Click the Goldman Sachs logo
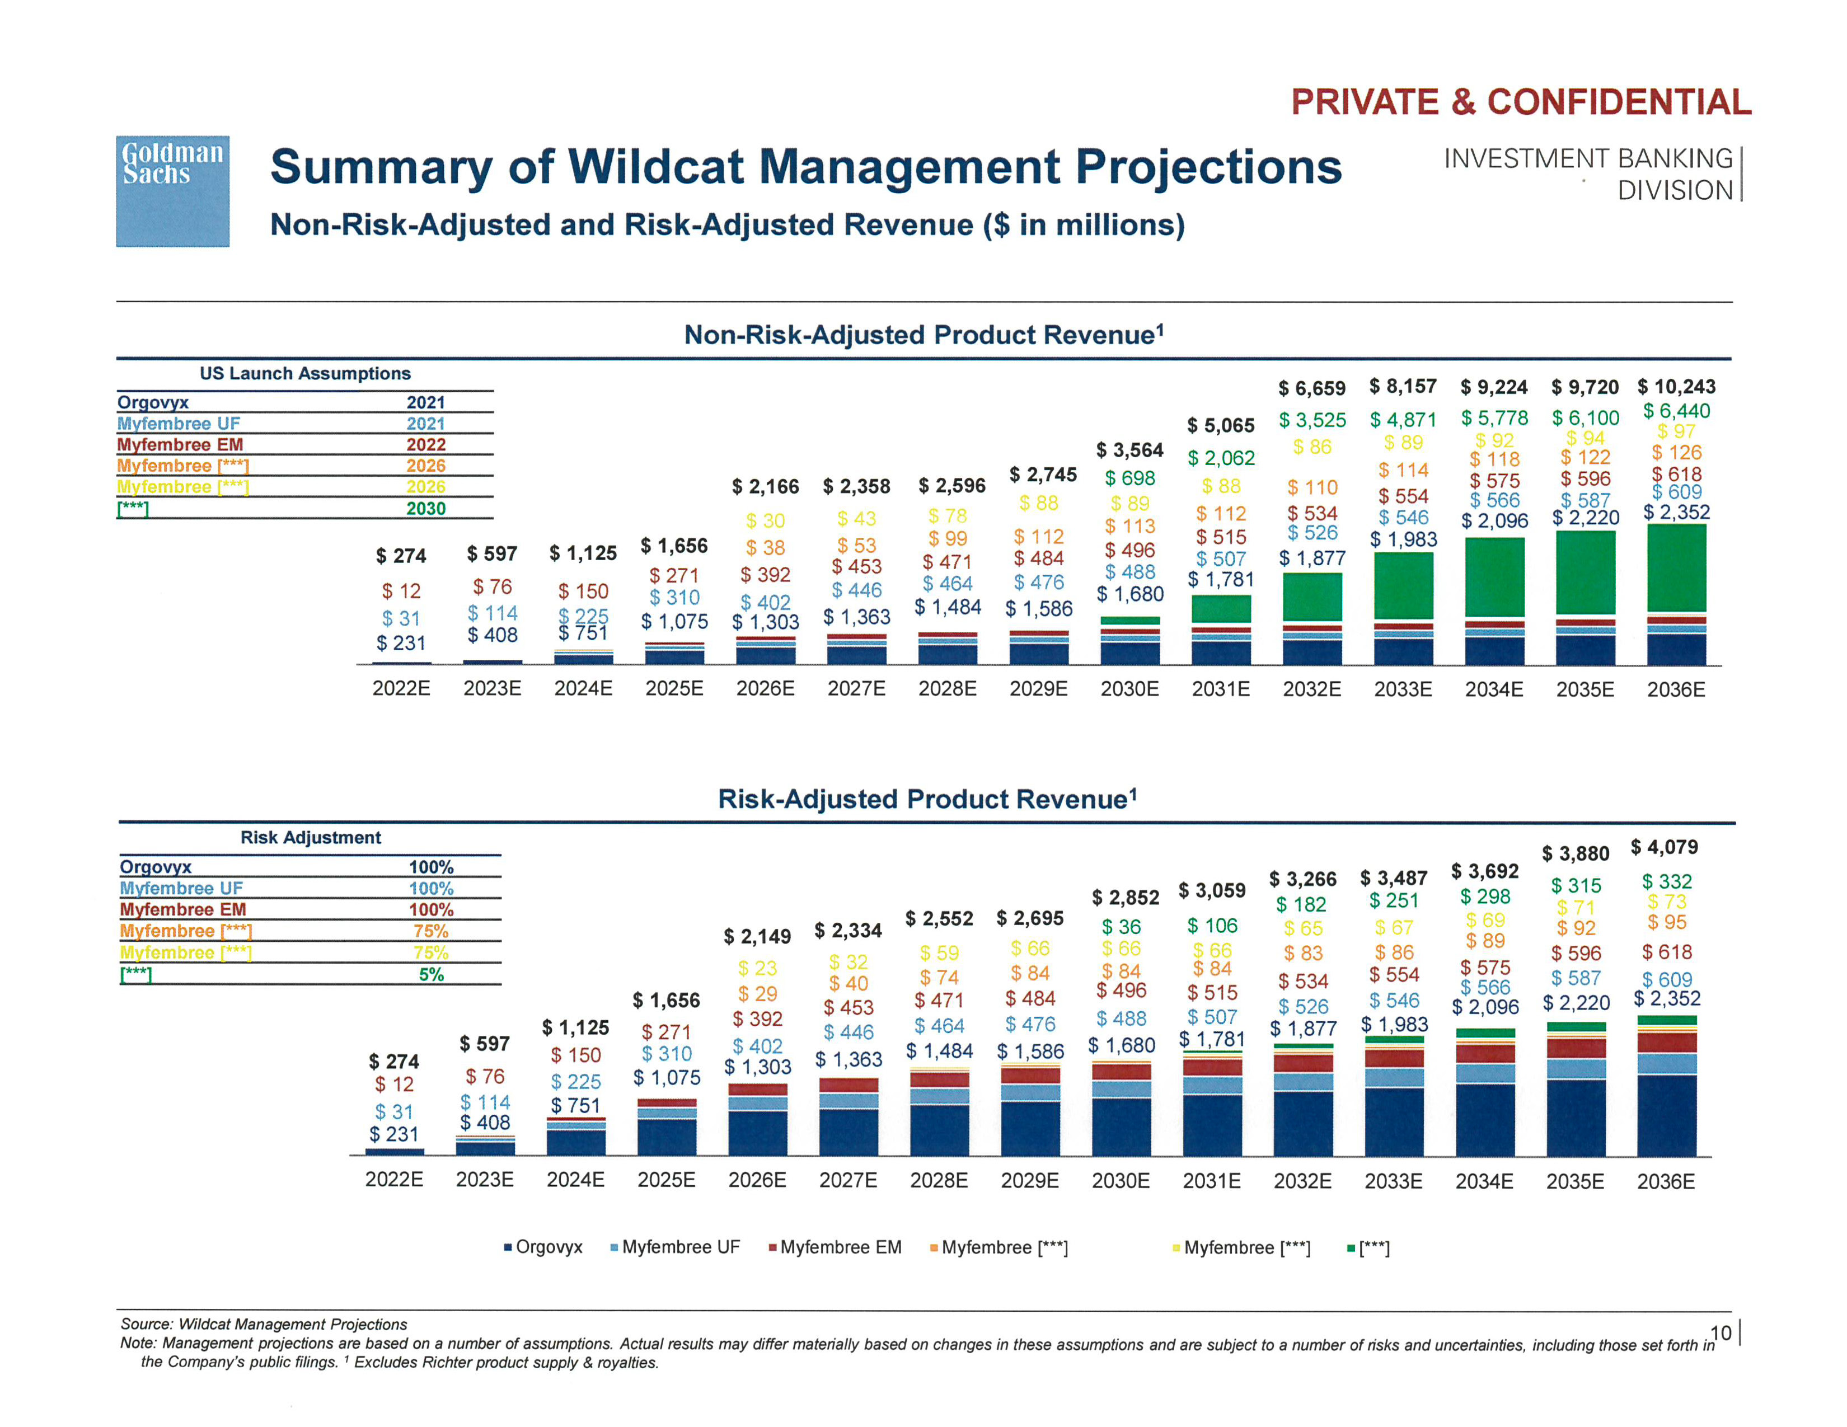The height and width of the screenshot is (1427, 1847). point(172,191)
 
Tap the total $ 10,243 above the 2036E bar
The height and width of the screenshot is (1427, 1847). point(1676,387)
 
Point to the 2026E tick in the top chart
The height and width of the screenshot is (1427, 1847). point(765,689)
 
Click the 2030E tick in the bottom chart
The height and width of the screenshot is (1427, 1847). point(1121,1181)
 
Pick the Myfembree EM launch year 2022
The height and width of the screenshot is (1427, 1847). point(425,445)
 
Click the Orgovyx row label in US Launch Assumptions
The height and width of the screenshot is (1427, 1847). point(153,402)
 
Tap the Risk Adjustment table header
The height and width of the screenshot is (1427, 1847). point(311,837)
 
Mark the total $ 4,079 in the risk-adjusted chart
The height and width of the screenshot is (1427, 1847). point(1663,847)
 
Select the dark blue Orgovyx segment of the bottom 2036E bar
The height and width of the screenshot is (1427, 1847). point(1666,1115)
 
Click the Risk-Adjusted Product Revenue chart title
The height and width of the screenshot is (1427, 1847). point(927,799)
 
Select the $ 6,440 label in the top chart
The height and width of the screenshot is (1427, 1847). point(1676,412)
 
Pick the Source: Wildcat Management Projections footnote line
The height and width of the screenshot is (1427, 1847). point(264,1324)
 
